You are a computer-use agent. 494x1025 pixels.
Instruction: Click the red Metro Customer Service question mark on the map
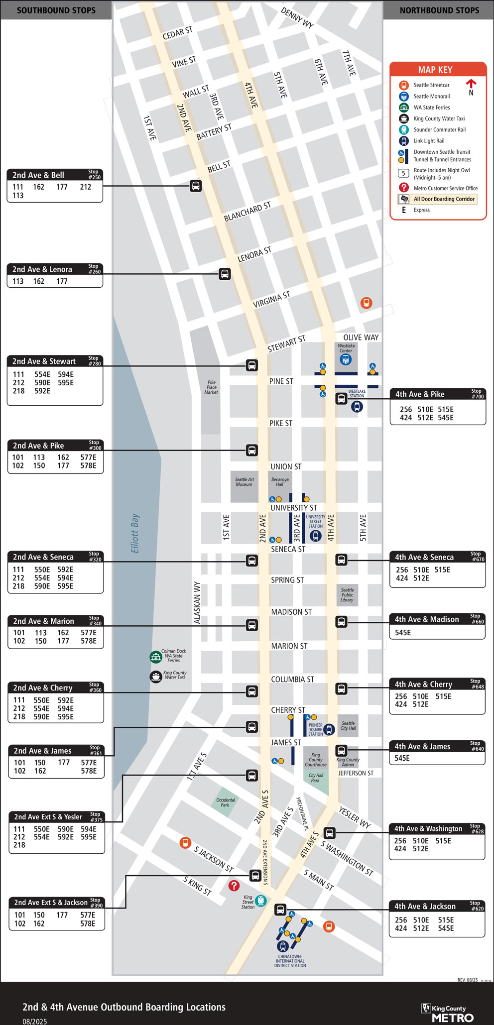(234, 886)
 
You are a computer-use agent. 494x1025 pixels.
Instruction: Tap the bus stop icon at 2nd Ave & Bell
(196, 186)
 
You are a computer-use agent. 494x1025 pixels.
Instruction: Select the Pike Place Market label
(211, 387)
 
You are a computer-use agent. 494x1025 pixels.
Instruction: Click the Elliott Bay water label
(135, 533)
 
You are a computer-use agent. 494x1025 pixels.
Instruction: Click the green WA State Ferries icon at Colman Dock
(156, 657)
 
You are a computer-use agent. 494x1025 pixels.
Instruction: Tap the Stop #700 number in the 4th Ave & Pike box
(477, 394)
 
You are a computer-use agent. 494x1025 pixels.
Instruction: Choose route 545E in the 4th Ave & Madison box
(403, 633)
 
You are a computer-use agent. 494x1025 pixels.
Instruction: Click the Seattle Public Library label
(347, 595)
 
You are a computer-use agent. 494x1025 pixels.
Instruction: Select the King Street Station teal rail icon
(261, 901)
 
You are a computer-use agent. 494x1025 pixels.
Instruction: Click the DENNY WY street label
(297, 18)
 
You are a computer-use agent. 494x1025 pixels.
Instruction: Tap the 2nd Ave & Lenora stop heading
(42, 269)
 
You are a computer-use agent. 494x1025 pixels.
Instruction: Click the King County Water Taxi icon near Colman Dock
(156, 677)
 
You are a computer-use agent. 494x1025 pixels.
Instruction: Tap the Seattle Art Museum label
(244, 482)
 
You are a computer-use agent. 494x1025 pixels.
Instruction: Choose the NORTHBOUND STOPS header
(439, 10)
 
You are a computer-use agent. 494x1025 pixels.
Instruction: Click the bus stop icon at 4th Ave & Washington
(330, 833)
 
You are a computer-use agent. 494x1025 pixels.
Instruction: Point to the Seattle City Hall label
(348, 726)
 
